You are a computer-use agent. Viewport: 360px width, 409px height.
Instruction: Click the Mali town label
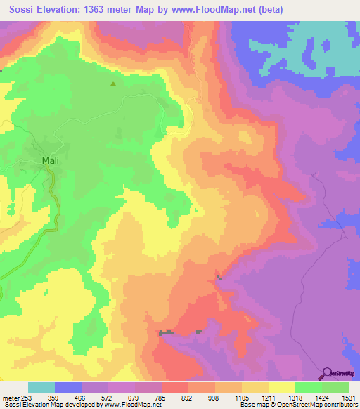(x=51, y=161)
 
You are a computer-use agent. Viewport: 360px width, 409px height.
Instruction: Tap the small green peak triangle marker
(x=112, y=84)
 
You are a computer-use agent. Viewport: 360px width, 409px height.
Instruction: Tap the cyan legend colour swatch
(x=41, y=387)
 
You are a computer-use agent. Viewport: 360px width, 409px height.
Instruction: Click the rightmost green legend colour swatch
(x=335, y=387)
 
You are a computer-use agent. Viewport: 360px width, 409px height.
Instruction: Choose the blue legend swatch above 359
(x=68, y=387)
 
